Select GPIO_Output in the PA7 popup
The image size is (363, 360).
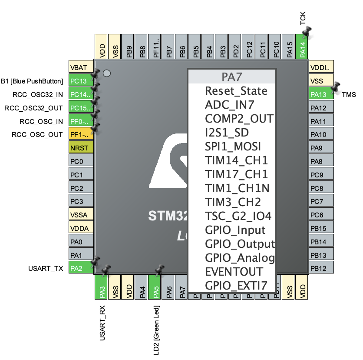pos(240,244)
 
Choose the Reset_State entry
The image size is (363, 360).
pos(236,91)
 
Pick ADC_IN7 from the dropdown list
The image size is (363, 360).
pos(229,105)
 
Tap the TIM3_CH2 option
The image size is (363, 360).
pos(233,202)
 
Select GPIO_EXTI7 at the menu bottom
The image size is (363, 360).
pos(236,286)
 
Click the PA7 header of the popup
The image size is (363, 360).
pos(232,77)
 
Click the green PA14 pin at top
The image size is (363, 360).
pos(303,47)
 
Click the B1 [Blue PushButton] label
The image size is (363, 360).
pos(32,81)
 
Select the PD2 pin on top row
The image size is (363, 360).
pos(236,47)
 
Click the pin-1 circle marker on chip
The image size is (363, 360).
pos(107,73)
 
